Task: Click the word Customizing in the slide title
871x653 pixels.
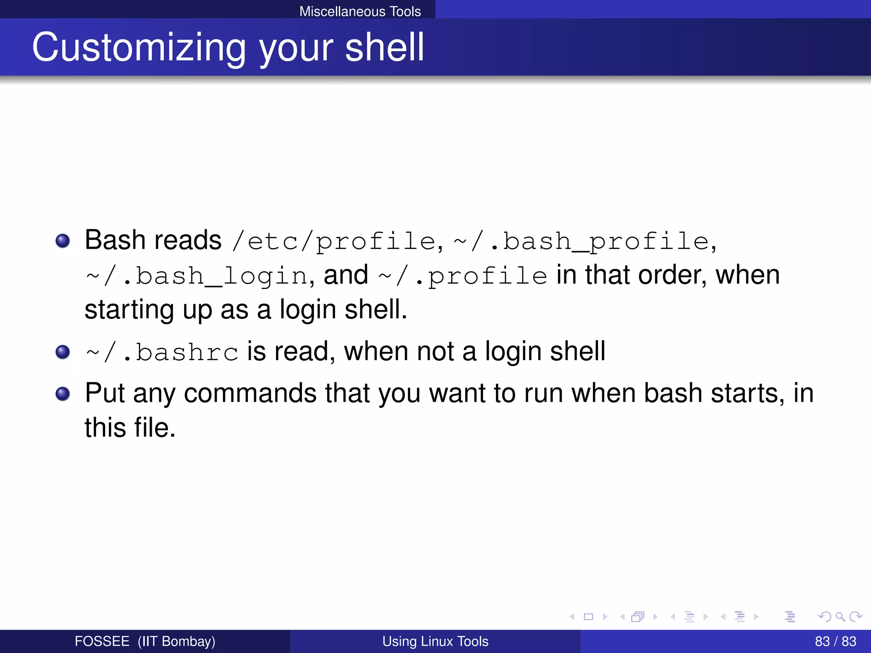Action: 139,48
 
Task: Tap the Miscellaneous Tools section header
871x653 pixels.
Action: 360,11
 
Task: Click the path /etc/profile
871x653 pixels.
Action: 334,241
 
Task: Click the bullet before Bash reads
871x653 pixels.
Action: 63,241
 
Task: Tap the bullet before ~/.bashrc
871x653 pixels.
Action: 63,352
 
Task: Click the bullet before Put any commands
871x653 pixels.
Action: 63,394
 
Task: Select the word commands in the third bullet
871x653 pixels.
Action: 250,393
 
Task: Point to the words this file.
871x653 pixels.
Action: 130,428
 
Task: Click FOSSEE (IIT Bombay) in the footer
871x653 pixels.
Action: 145,641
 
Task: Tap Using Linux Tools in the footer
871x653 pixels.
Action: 435,641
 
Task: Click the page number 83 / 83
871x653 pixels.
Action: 835,641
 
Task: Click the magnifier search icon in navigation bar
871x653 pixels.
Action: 840,616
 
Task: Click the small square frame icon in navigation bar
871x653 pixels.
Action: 588,616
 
